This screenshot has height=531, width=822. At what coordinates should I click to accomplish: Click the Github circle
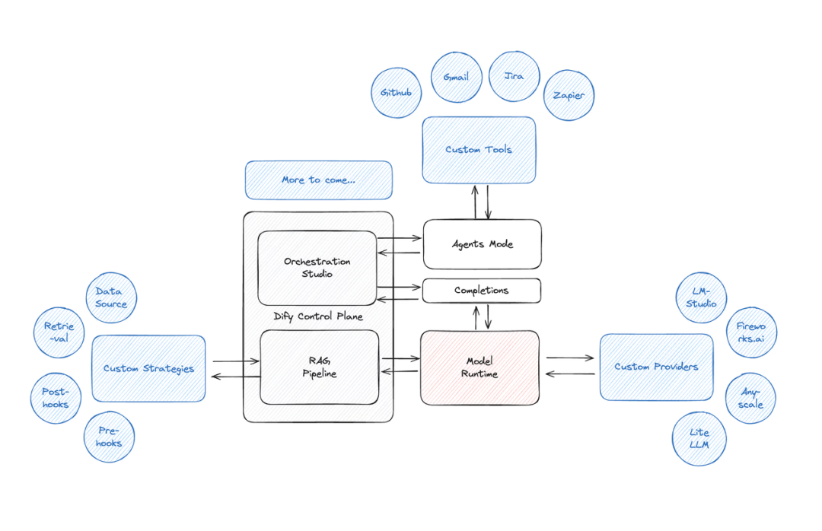click(396, 93)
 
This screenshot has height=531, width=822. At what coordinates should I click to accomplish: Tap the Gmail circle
click(455, 76)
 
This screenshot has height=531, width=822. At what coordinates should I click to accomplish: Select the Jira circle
click(514, 76)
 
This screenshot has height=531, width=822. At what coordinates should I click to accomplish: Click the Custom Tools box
click(479, 150)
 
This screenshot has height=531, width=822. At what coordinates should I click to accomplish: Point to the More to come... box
click(318, 180)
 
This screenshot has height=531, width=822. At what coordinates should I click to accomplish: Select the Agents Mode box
click(482, 244)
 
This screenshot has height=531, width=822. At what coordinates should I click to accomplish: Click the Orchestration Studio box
click(317, 268)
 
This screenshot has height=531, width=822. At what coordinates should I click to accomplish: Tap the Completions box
click(481, 291)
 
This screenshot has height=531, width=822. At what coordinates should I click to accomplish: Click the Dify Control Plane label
click(318, 316)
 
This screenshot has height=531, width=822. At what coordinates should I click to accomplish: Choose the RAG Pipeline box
click(319, 367)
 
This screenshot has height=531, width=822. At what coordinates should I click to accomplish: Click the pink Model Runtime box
click(480, 367)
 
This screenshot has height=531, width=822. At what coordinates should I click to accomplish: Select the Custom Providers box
click(656, 367)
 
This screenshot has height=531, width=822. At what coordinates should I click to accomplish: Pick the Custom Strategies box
click(148, 368)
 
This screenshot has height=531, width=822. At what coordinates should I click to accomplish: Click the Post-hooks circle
click(56, 398)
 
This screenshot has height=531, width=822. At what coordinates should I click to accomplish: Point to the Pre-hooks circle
click(109, 437)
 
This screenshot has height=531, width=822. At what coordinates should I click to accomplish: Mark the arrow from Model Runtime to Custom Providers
click(570, 358)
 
